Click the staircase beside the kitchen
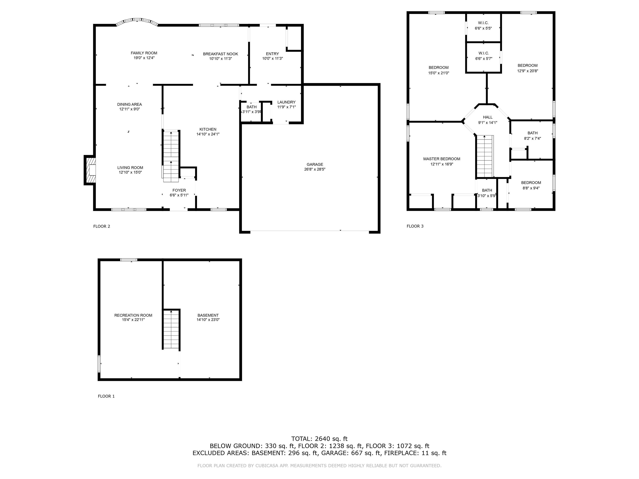(x=171, y=156)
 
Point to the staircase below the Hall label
(x=484, y=156)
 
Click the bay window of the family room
(x=137, y=21)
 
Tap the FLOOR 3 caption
(x=415, y=226)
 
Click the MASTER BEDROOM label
(x=441, y=159)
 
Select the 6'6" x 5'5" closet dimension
(x=483, y=28)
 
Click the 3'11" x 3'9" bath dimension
(x=251, y=112)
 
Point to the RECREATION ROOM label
(x=133, y=315)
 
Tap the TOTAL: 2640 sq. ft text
(x=319, y=439)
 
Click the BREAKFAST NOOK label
(x=220, y=54)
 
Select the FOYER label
(x=179, y=190)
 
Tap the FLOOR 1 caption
(x=106, y=396)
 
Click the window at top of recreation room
(x=129, y=260)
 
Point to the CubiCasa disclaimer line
(x=319, y=465)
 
